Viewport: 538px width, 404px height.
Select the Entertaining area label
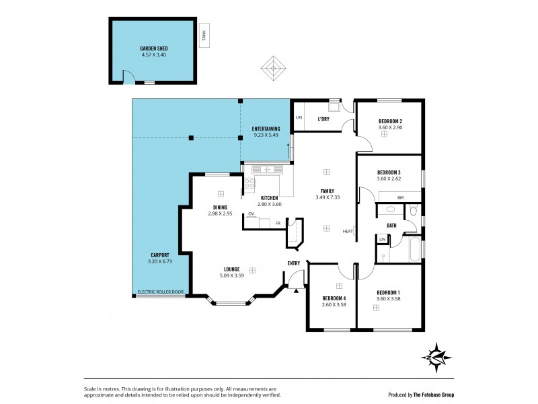(x=266, y=129)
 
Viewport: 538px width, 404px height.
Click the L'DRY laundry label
(x=323, y=119)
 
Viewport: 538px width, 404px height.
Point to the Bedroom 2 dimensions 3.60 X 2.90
(x=389, y=127)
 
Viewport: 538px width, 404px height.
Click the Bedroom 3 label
(x=389, y=172)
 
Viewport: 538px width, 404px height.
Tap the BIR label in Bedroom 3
(x=400, y=197)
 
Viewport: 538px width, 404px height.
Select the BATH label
(x=391, y=226)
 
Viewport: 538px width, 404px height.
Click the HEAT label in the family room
(x=348, y=232)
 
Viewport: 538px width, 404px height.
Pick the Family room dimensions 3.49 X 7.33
(x=328, y=197)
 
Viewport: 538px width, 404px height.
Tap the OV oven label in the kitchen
(x=251, y=214)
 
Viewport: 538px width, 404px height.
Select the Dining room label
(x=220, y=207)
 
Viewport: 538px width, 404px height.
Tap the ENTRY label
(x=294, y=263)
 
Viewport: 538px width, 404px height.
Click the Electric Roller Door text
(x=160, y=292)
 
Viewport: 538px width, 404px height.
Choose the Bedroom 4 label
(x=334, y=298)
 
